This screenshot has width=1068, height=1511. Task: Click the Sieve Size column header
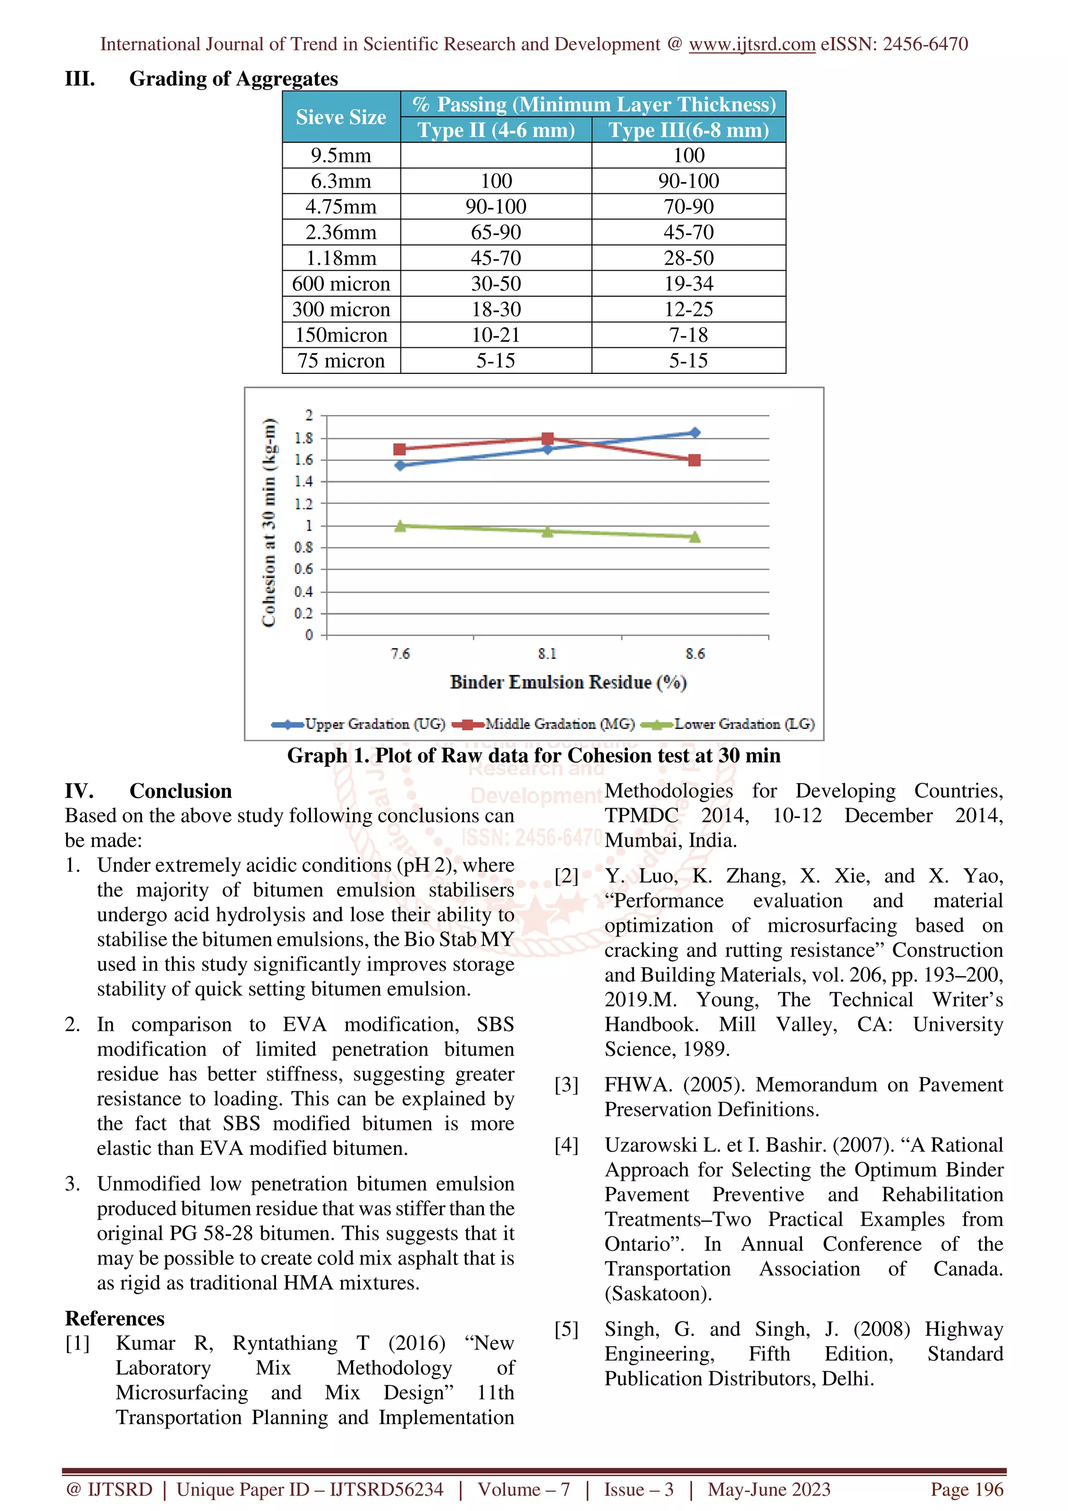click(x=341, y=117)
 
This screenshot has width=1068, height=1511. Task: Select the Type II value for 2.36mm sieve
click(x=495, y=233)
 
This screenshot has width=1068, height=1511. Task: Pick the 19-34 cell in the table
click(x=688, y=284)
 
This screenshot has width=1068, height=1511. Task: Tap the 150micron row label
click(x=341, y=335)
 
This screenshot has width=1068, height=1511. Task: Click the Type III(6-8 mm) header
click(x=688, y=130)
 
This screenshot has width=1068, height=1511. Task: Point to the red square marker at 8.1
click(x=548, y=438)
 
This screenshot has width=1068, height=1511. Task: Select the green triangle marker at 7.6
click(x=400, y=526)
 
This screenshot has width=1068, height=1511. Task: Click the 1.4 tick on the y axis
click(x=304, y=482)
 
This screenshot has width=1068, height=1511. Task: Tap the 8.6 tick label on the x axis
click(x=695, y=653)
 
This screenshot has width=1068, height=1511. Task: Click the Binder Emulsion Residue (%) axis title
click(x=568, y=682)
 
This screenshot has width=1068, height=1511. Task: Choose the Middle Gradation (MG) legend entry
click(x=560, y=724)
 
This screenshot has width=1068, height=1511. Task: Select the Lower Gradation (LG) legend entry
click(x=744, y=724)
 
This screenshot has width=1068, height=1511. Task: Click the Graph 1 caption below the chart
click(x=533, y=755)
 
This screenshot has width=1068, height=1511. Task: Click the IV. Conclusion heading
click(x=148, y=791)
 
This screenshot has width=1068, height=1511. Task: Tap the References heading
click(x=115, y=1318)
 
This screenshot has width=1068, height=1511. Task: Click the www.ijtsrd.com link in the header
click(x=751, y=44)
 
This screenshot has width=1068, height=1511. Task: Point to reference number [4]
click(x=566, y=1145)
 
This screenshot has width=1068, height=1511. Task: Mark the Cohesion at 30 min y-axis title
click(x=269, y=523)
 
